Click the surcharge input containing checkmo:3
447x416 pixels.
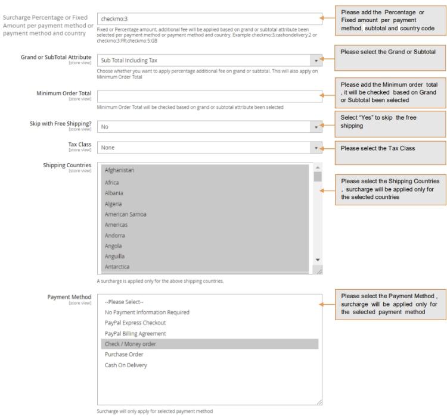tap(209, 18)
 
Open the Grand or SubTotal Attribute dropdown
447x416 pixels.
tap(209, 60)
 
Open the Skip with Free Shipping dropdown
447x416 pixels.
tap(209, 126)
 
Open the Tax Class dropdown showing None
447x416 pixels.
tap(209, 148)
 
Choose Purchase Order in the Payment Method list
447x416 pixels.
tap(125, 354)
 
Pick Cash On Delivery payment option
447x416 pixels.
tap(125, 365)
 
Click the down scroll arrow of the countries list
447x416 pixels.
tap(318, 260)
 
